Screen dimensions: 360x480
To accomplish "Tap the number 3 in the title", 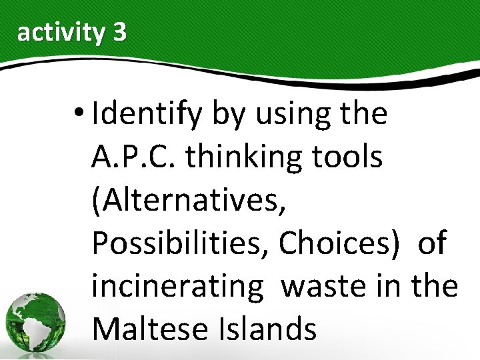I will [119, 32].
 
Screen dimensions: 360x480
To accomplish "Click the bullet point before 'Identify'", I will [81, 114].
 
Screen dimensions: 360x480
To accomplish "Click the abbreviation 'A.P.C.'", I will [135, 157].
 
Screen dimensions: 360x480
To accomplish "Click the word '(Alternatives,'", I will [189, 201].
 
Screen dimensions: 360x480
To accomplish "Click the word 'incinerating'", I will [178, 287].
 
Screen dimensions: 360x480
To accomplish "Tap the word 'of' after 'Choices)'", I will [432, 244].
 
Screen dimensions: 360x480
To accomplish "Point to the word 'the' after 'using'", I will [363, 115].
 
